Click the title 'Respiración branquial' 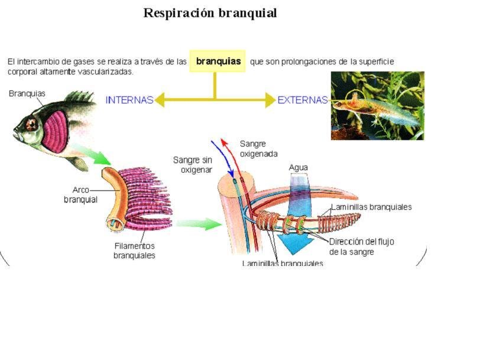click(x=210, y=13)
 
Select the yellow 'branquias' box click(x=218, y=61)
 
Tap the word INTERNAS click(x=129, y=100)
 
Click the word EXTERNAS click(x=302, y=100)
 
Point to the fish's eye click(x=31, y=125)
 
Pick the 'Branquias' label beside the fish click(x=27, y=93)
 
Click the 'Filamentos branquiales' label click(x=134, y=251)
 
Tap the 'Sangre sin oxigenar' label click(x=193, y=164)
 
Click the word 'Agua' click(x=298, y=167)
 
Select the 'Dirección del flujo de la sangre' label click(x=361, y=246)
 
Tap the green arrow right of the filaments click(x=199, y=224)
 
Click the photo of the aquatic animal click(x=377, y=105)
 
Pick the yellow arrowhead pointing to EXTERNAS click(x=270, y=100)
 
